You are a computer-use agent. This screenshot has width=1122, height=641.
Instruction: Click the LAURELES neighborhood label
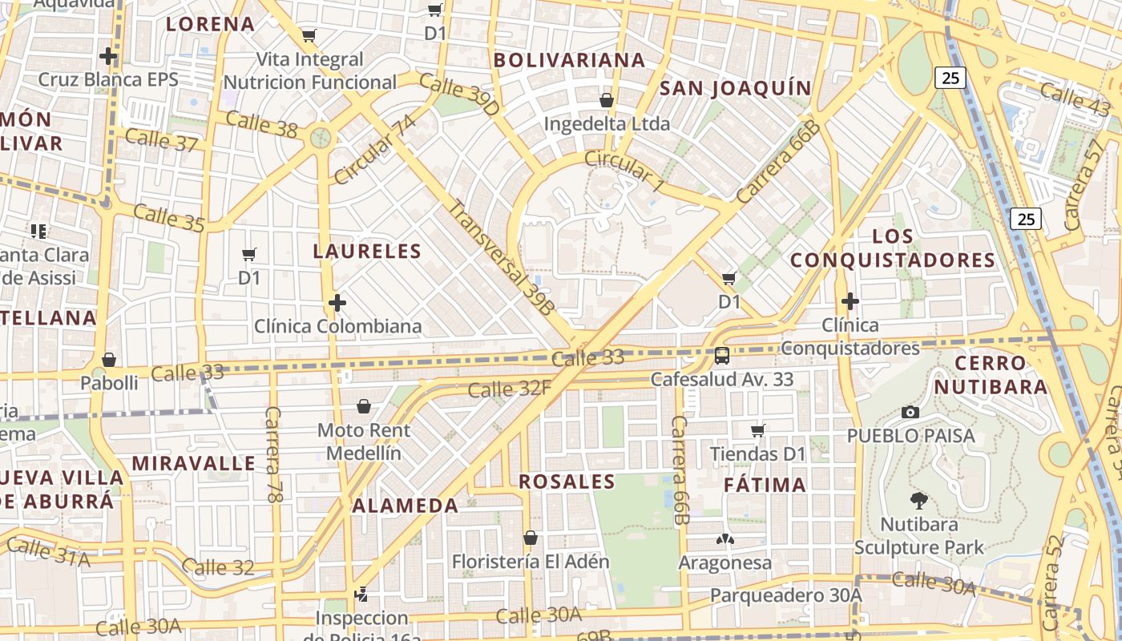click(367, 252)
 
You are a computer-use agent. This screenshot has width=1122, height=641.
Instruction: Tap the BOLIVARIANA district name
click(569, 60)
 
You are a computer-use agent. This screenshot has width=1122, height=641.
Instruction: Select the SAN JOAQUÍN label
click(736, 88)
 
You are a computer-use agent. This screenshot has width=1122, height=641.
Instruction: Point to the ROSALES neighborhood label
click(567, 482)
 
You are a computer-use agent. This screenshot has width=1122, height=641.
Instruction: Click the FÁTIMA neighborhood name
click(765, 485)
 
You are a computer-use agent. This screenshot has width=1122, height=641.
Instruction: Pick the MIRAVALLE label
click(194, 463)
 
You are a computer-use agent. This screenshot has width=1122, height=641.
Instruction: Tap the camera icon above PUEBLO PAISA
click(910, 412)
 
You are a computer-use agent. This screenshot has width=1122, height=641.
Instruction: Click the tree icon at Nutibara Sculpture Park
click(918, 502)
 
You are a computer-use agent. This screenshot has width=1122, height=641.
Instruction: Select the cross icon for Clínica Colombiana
click(337, 303)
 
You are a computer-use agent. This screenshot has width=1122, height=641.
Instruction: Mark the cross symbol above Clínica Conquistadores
click(850, 301)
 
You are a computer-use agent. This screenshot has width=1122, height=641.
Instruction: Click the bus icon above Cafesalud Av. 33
click(722, 355)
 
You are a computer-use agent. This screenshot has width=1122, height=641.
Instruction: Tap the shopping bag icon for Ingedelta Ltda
click(607, 100)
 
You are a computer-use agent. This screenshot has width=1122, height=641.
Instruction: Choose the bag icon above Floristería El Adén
click(530, 538)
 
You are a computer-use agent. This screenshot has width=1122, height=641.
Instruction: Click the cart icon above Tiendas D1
click(758, 431)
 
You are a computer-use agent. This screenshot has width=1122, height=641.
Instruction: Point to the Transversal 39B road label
click(502, 256)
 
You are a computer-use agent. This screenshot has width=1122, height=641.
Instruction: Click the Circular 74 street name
click(375, 149)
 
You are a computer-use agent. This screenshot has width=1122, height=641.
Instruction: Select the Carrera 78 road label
click(274, 454)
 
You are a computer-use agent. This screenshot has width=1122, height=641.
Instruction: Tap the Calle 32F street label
click(510, 389)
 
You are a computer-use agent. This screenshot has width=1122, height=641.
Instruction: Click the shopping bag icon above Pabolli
click(109, 360)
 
